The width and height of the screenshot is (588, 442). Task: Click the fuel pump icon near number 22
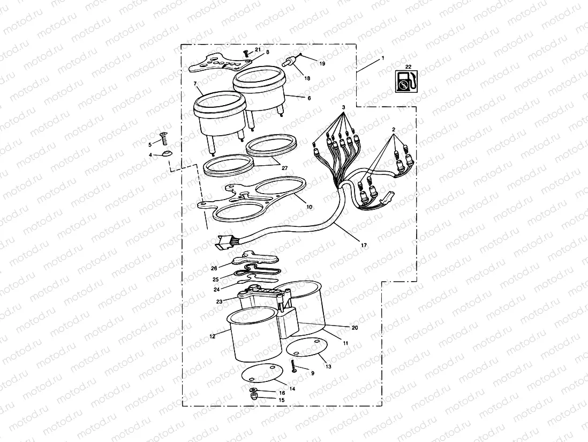click(x=405, y=82)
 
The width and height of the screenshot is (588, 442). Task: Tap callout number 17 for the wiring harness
click(x=364, y=246)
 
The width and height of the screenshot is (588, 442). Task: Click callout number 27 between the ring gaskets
click(x=284, y=168)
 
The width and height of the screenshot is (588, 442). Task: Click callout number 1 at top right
click(x=383, y=57)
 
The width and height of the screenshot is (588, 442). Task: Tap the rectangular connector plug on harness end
click(x=223, y=244)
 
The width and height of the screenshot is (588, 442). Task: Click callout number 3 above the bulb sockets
click(x=344, y=108)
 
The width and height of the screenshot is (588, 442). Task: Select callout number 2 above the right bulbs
click(x=393, y=130)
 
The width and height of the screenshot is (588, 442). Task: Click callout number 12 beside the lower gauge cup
click(x=212, y=337)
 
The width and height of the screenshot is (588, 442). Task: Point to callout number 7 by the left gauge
click(x=195, y=85)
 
